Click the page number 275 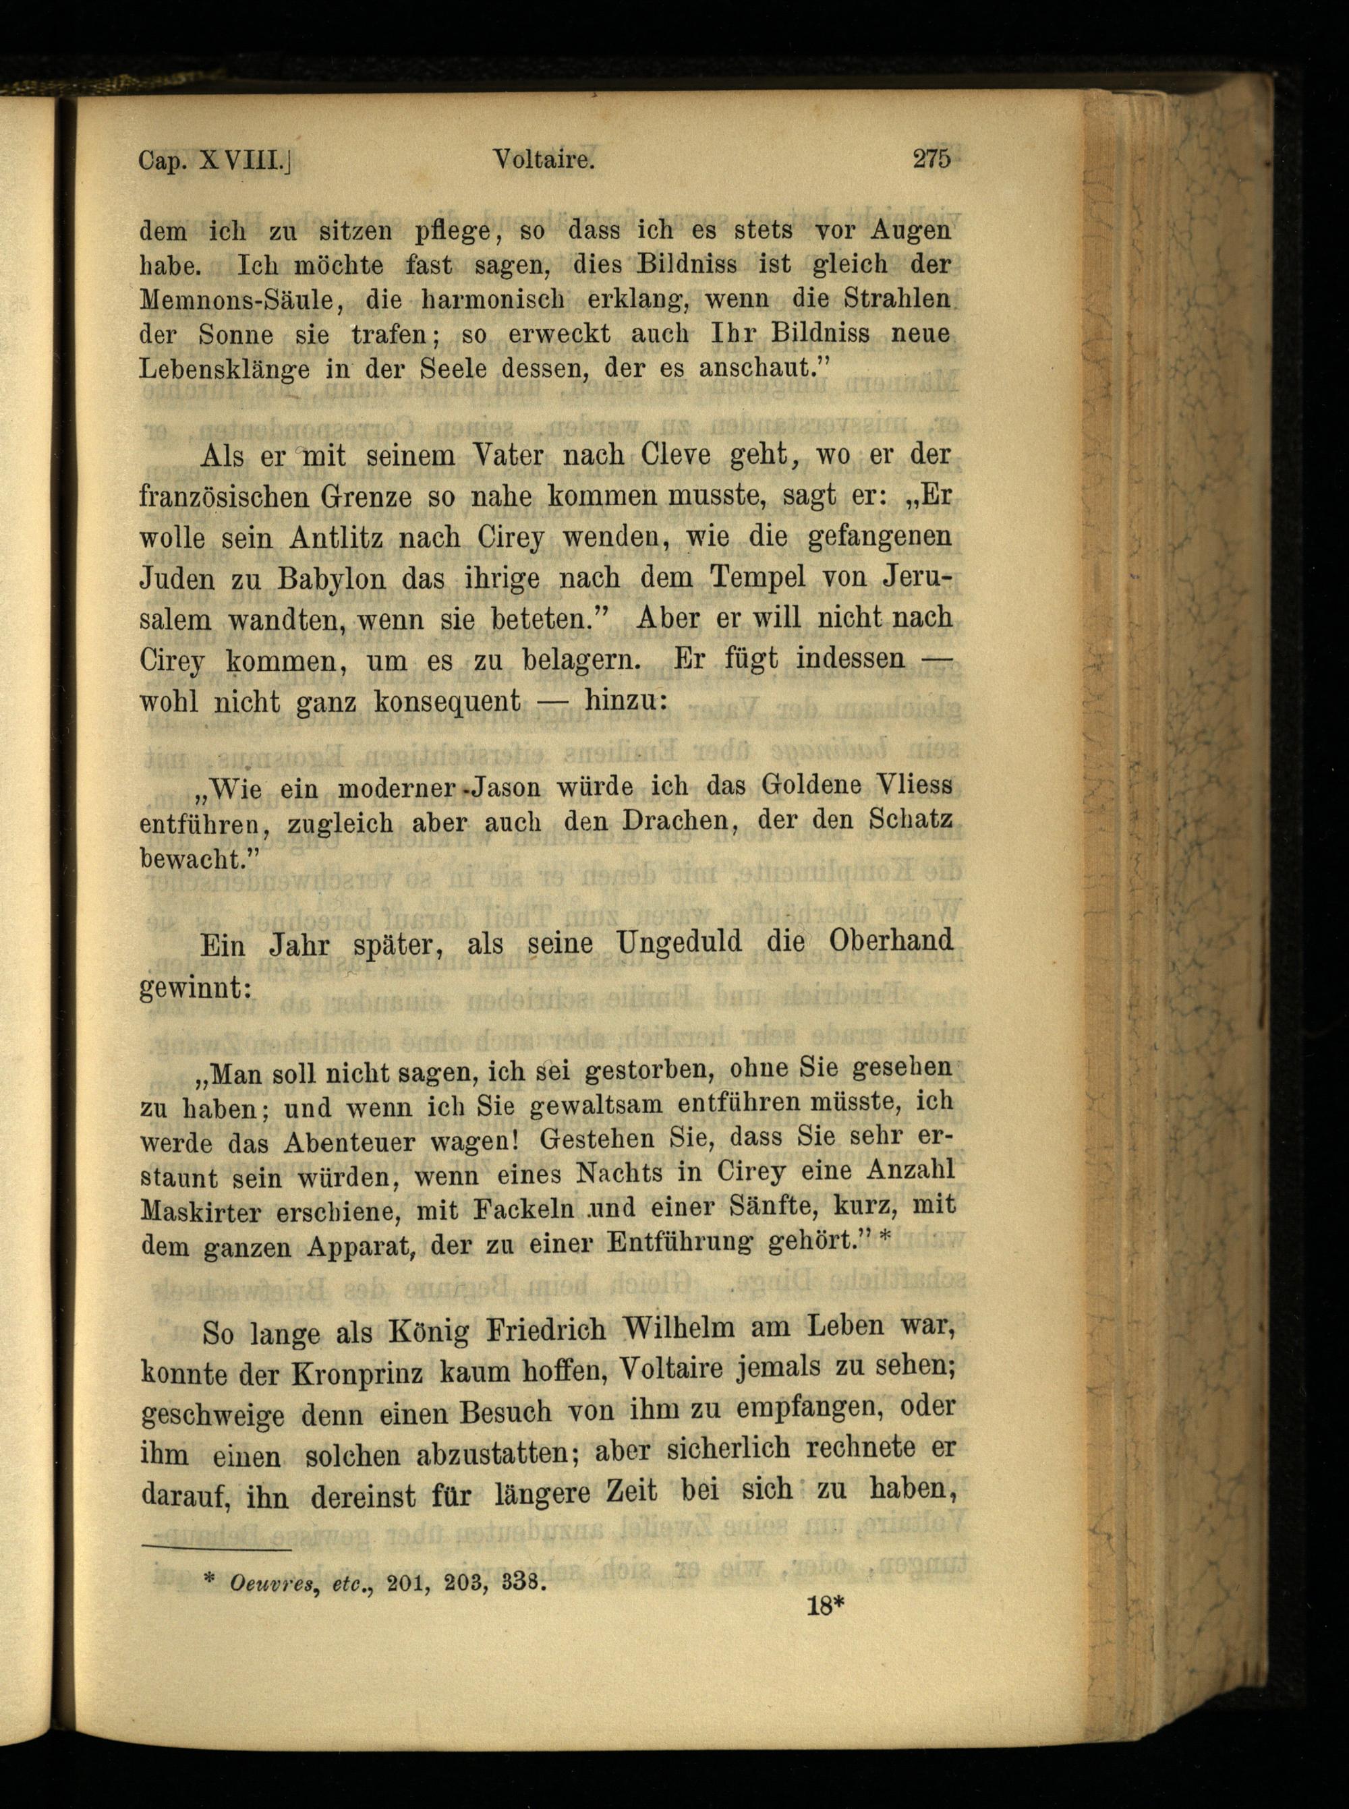coord(931,158)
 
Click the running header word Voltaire coord(543,160)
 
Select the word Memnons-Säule coord(237,299)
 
